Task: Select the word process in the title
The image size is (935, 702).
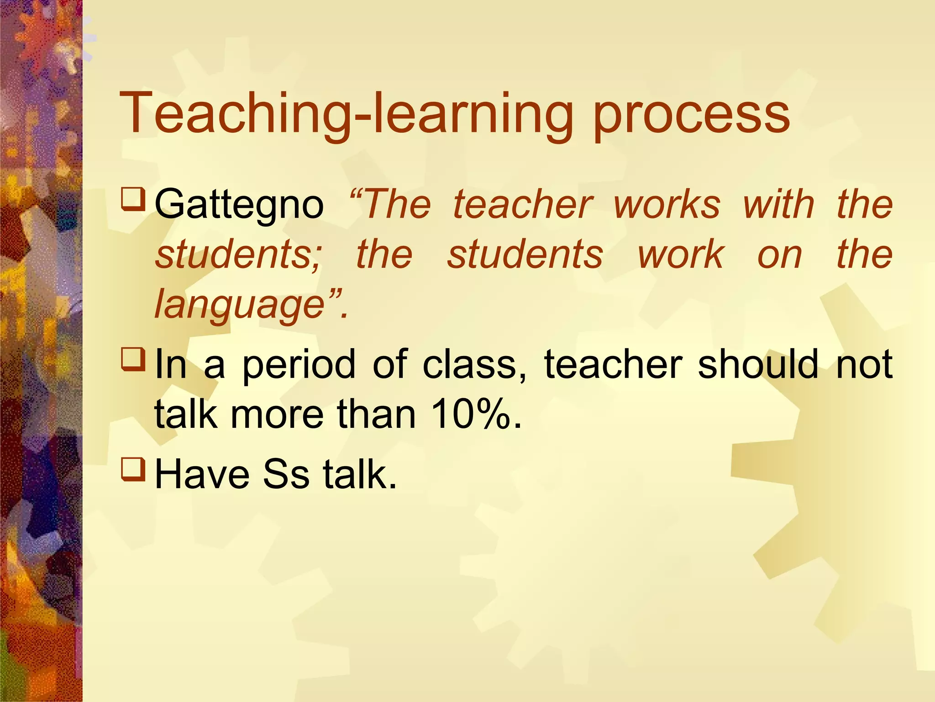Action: pyautogui.click(x=691, y=117)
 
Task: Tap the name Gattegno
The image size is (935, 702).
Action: pyautogui.click(x=239, y=204)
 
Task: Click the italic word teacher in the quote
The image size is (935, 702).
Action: pyautogui.click(x=523, y=204)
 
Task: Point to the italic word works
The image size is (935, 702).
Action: pyautogui.click(x=667, y=204)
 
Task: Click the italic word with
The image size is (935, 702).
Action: pyautogui.click(x=779, y=204)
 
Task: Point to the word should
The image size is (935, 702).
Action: pyautogui.click(x=758, y=364)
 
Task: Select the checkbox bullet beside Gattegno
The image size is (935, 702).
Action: pyautogui.click(x=133, y=198)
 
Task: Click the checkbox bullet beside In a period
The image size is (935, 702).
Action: pyautogui.click(x=133, y=358)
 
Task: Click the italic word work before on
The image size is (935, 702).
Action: pyautogui.click(x=681, y=255)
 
